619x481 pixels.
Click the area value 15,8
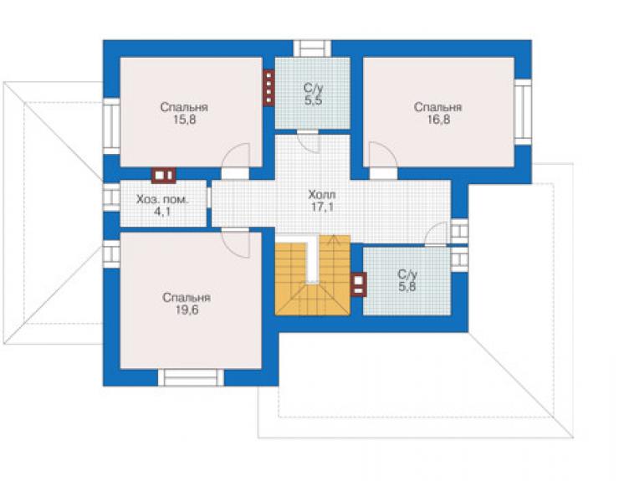pos(184,120)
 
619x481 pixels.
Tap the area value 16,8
pos(438,120)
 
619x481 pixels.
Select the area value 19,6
pos(187,310)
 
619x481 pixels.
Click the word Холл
pos(322,195)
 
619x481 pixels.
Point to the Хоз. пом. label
pos(162,199)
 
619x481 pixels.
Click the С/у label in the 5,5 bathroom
pos(313,88)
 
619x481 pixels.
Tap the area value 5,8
pos(407,287)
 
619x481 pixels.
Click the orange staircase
pos(313,275)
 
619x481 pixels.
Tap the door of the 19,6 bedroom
pos(236,242)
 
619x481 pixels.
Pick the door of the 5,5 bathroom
pos(309,141)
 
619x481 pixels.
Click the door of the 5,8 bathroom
pos(436,234)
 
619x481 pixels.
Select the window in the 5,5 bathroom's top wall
pos(312,49)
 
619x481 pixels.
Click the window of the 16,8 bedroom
pos(523,112)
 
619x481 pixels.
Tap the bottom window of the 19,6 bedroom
pos(191,377)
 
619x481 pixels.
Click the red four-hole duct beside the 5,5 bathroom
pos(269,88)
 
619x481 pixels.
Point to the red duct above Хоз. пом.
pos(164,176)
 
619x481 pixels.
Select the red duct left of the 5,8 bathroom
pos(359,284)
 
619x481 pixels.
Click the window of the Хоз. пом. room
pos(111,197)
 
